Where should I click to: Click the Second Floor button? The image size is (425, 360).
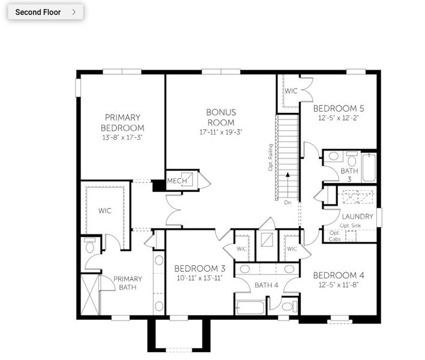point(45,12)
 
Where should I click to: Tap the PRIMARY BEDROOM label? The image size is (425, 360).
point(122,122)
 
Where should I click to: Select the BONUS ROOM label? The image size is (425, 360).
point(221,117)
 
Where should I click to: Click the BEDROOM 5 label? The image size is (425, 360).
point(339,109)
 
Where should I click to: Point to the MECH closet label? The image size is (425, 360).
point(177,181)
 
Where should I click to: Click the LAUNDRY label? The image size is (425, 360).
point(358,217)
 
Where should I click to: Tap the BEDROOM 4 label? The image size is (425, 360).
point(339,275)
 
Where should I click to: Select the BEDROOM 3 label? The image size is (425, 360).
point(200,268)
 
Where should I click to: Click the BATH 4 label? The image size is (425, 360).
point(267,285)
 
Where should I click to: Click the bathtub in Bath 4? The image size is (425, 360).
point(250,308)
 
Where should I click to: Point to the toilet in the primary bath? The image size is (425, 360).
point(90,246)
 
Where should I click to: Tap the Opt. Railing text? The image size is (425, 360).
point(271,157)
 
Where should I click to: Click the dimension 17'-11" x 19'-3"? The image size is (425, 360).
point(221,132)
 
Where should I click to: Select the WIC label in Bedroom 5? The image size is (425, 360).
point(291,91)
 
